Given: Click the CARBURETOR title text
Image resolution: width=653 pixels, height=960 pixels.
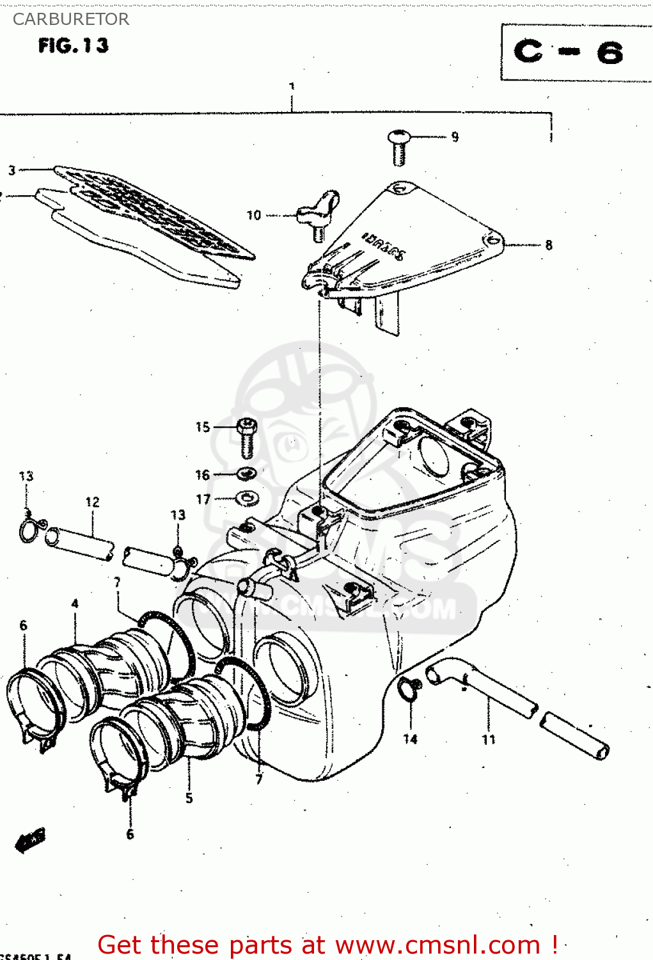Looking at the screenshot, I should pos(70,19).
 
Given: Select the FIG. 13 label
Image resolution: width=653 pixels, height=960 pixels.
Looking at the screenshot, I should pos(74,45).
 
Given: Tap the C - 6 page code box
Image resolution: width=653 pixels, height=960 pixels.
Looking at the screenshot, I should pos(569,52).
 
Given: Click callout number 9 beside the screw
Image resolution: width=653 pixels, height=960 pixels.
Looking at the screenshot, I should pos(455,137).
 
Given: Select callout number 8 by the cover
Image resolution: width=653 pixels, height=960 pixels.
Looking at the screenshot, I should pos(549,245).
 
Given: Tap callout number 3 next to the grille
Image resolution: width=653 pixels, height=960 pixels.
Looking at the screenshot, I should pos(12,170).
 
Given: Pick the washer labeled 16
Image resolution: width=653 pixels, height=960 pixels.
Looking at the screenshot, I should pos(247,474).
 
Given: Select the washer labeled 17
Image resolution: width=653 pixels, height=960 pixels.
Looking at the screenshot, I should pos(247,497).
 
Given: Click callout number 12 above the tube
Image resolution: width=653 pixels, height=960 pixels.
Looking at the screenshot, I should pos(93,502).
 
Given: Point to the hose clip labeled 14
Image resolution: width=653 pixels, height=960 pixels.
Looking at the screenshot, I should pos(409,689).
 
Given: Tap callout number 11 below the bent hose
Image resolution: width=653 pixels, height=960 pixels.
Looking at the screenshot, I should pos(489,740).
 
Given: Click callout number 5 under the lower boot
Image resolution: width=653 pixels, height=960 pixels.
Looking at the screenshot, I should pos(189,798).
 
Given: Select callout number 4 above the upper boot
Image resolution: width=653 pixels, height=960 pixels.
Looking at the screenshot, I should pos(75,604).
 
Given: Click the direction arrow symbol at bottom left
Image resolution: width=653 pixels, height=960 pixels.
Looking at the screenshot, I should pos(30,840).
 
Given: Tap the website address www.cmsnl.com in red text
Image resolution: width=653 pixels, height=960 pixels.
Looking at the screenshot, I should pos(437,945).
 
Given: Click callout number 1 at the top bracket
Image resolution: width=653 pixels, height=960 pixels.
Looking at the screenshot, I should pos(292,86).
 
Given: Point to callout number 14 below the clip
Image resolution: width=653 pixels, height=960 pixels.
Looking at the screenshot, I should pos(410,739).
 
